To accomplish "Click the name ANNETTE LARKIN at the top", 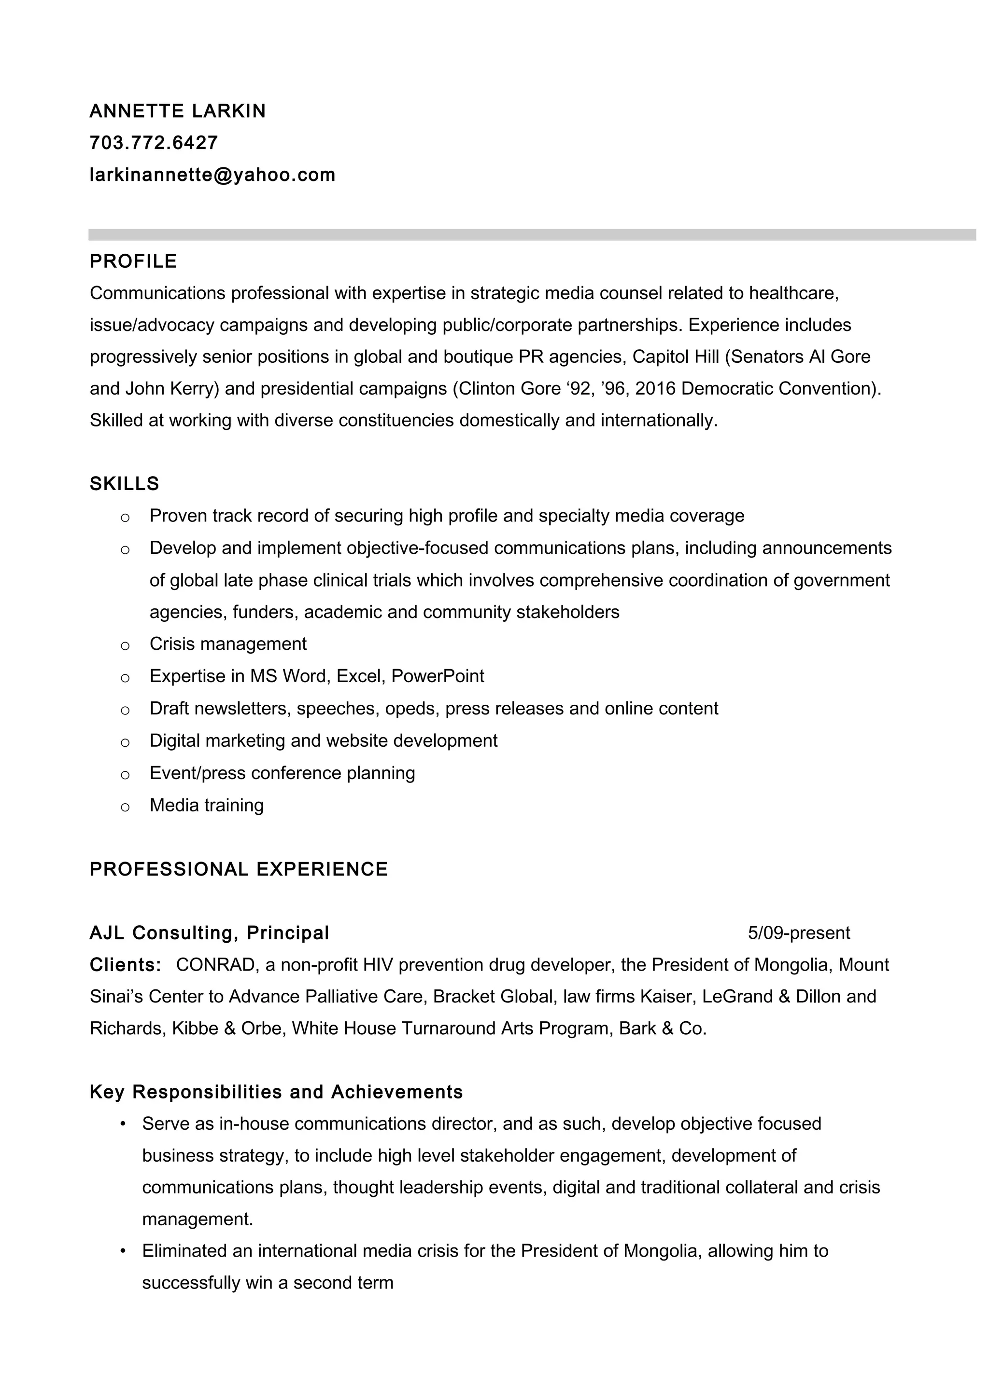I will (x=177, y=111).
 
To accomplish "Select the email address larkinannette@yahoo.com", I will (x=212, y=175).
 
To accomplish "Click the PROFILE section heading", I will (x=133, y=261).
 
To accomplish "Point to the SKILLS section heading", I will (x=124, y=483).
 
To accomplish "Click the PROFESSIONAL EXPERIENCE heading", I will (x=238, y=869).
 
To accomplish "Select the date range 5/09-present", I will (x=798, y=933).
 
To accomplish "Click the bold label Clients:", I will (x=126, y=964).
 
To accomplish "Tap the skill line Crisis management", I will (x=228, y=644).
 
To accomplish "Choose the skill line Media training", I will (x=207, y=805).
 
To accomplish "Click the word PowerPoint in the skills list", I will (x=438, y=676).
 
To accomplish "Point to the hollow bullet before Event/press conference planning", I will (x=125, y=775).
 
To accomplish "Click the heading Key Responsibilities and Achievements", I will (x=276, y=1092).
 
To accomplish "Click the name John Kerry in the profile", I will (x=172, y=388).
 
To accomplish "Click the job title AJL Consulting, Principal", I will (x=209, y=933).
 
